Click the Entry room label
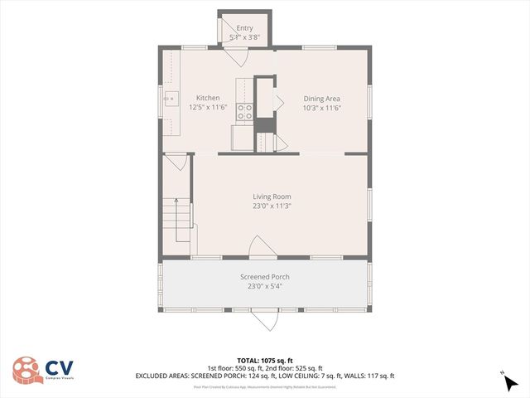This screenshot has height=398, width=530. (x=244, y=28)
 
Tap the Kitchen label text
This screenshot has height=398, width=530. (x=208, y=98)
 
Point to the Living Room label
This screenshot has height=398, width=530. (x=272, y=197)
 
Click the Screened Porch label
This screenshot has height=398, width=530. (x=265, y=277)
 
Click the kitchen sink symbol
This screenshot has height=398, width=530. (x=170, y=99)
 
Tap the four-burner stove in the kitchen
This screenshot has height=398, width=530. (x=245, y=111)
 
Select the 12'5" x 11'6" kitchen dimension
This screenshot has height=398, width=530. (x=208, y=108)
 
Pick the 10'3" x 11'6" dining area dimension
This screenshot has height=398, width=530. (x=322, y=108)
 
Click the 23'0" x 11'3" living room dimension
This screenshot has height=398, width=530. (x=272, y=206)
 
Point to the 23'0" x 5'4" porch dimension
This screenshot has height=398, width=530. (x=265, y=287)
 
